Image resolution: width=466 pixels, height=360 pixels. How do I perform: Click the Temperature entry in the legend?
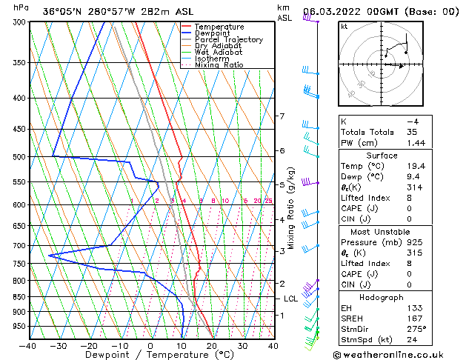[x=219, y=27]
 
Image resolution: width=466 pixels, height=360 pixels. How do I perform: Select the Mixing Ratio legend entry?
[x=219, y=65]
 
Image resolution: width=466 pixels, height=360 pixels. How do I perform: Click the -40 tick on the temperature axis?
[x=28, y=345]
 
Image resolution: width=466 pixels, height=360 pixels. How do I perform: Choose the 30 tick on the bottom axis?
[x=242, y=345]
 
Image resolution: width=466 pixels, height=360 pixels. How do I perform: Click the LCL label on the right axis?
[x=291, y=299]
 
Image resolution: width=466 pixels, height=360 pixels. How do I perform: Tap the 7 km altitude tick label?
[x=281, y=116]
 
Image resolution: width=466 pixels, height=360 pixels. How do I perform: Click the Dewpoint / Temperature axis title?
[x=149, y=354]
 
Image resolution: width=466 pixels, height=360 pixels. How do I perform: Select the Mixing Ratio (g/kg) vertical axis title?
[x=291, y=207]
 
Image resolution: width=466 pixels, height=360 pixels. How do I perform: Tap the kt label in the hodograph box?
[x=344, y=26]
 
